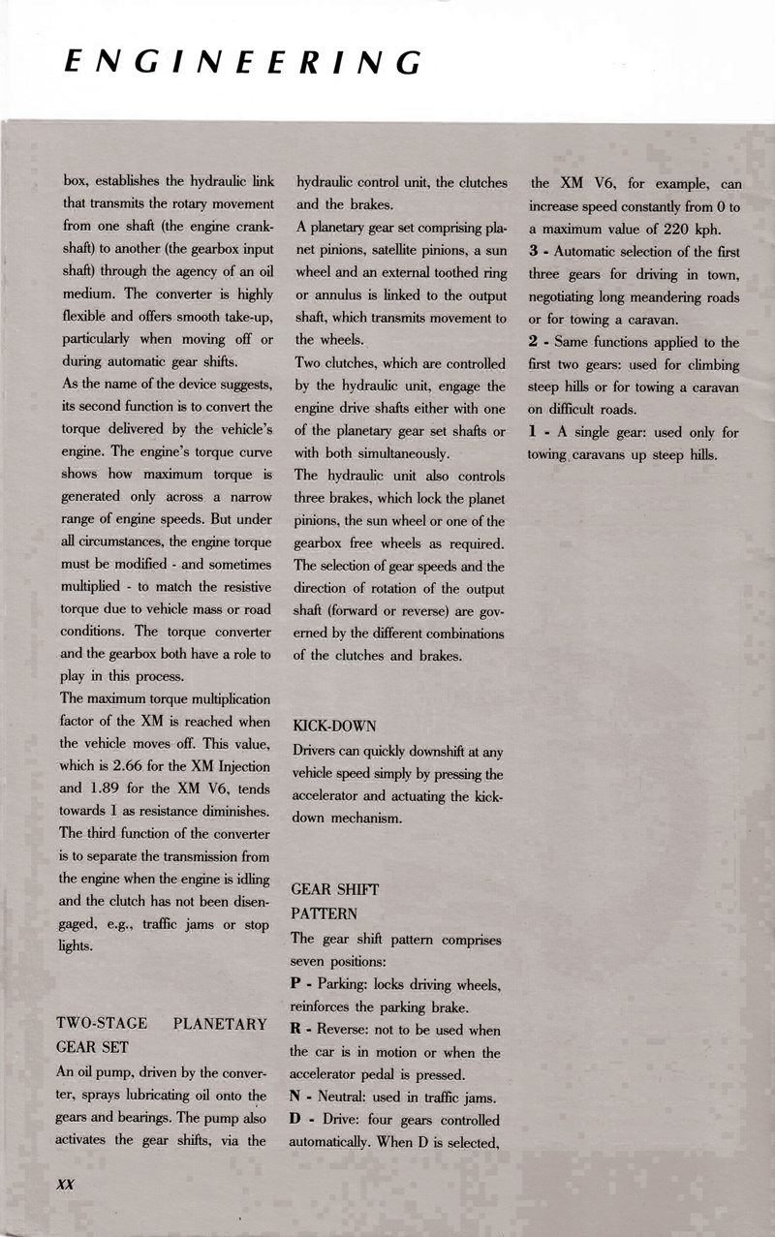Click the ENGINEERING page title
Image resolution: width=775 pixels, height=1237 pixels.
[x=240, y=62]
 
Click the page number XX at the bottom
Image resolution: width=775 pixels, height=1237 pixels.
[x=66, y=1185]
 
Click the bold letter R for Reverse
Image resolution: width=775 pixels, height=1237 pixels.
[x=296, y=1030]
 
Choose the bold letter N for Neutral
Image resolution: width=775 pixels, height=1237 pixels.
[x=296, y=1097]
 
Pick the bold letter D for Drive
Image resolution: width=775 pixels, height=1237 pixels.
[x=296, y=1119]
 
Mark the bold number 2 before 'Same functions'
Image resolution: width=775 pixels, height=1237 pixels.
[x=534, y=341]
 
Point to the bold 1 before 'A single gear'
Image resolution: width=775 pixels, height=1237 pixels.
[x=534, y=432]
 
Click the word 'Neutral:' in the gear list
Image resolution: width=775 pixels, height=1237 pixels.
[x=346, y=1097]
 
